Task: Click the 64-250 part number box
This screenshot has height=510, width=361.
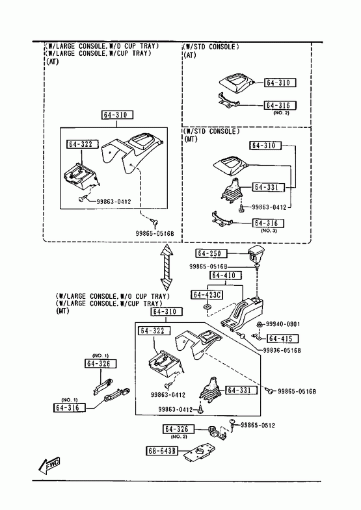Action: point(211,253)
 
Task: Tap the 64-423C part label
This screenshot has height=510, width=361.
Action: point(207,295)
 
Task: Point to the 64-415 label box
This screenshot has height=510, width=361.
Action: point(282,338)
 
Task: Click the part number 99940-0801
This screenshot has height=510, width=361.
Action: point(283,324)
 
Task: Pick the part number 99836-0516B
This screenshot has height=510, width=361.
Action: point(282,351)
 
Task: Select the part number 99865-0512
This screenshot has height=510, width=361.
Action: point(258,426)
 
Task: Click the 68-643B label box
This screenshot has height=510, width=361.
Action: point(162,451)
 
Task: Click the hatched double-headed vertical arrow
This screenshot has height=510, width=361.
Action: point(167,267)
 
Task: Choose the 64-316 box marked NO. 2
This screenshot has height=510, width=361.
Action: point(280,105)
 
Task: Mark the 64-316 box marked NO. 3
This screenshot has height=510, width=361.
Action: point(268,223)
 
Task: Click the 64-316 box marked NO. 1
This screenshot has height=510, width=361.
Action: point(69,407)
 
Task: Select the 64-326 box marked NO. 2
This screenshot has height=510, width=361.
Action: point(178,429)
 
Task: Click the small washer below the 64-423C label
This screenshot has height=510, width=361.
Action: point(206,307)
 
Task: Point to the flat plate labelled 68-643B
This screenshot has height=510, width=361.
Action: point(199,452)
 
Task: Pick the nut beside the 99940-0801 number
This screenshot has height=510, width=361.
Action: point(260,324)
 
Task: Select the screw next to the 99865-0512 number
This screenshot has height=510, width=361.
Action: point(233,424)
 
